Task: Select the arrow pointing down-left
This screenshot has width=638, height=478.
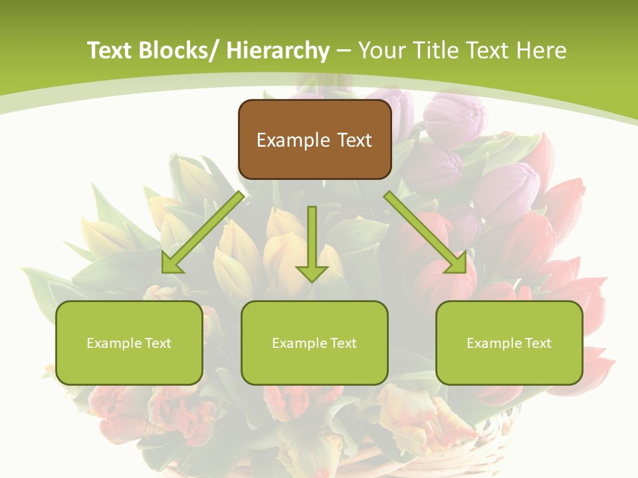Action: [203, 232]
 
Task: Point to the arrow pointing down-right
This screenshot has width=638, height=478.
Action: [425, 232]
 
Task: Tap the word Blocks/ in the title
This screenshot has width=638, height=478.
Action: [175, 50]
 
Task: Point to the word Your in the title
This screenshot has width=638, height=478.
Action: [381, 50]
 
